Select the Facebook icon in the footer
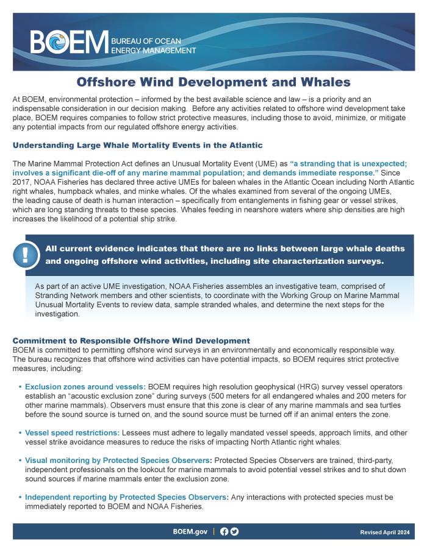(x=224, y=531)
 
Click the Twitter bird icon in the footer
(x=235, y=531)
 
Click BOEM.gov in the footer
(x=190, y=531)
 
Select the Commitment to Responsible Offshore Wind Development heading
(x=131, y=340)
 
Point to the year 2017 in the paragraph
(x=23, y=182)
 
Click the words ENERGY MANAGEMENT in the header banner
(x=153, y=50)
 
